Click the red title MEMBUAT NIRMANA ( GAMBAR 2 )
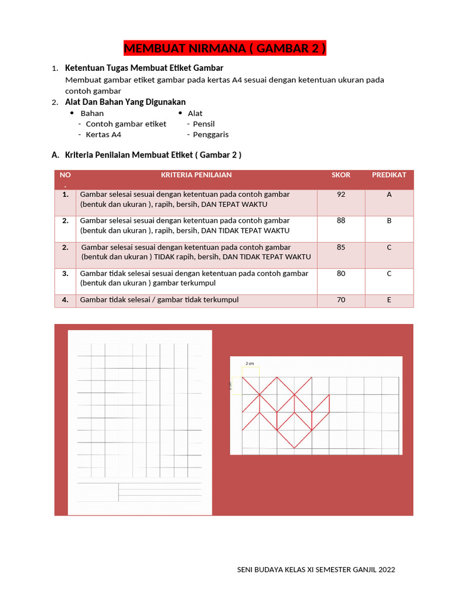pyautogui.click(x=225, y=49)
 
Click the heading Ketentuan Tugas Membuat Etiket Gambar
pyautogui.click(x=144, y=69)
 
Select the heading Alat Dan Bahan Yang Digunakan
pyautogui.click(x=125, y=102)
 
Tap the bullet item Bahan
pyautogui.click(x=92, y=113)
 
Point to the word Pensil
pyautogui.click(x=204, y=124)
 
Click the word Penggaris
pyautogui.click(x=210, y=134)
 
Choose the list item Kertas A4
pyautogui.click(x=103, y=134)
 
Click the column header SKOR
pyautogui.click(x=340, y=175)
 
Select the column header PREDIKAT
pyautogui.click(x=389, y=175)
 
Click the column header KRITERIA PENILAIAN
pyautogui.click(x=196, y=175)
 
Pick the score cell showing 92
pyautogui.click(x=341, y=195)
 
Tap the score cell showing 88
pyautogui.click(x=341, y=221)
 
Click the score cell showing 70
pyautogui.click(x=341, y=300)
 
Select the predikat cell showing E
pyautogui.click(x=389, y=300)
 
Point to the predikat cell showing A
pyautogui.click(x=389, y=195)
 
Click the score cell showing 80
pyautogui.click(x=341, y=274)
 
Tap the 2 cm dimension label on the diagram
pyautogui.click(x=250, y=363)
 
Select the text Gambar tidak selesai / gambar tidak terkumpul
pyautogui.click(x=159, y=300)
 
